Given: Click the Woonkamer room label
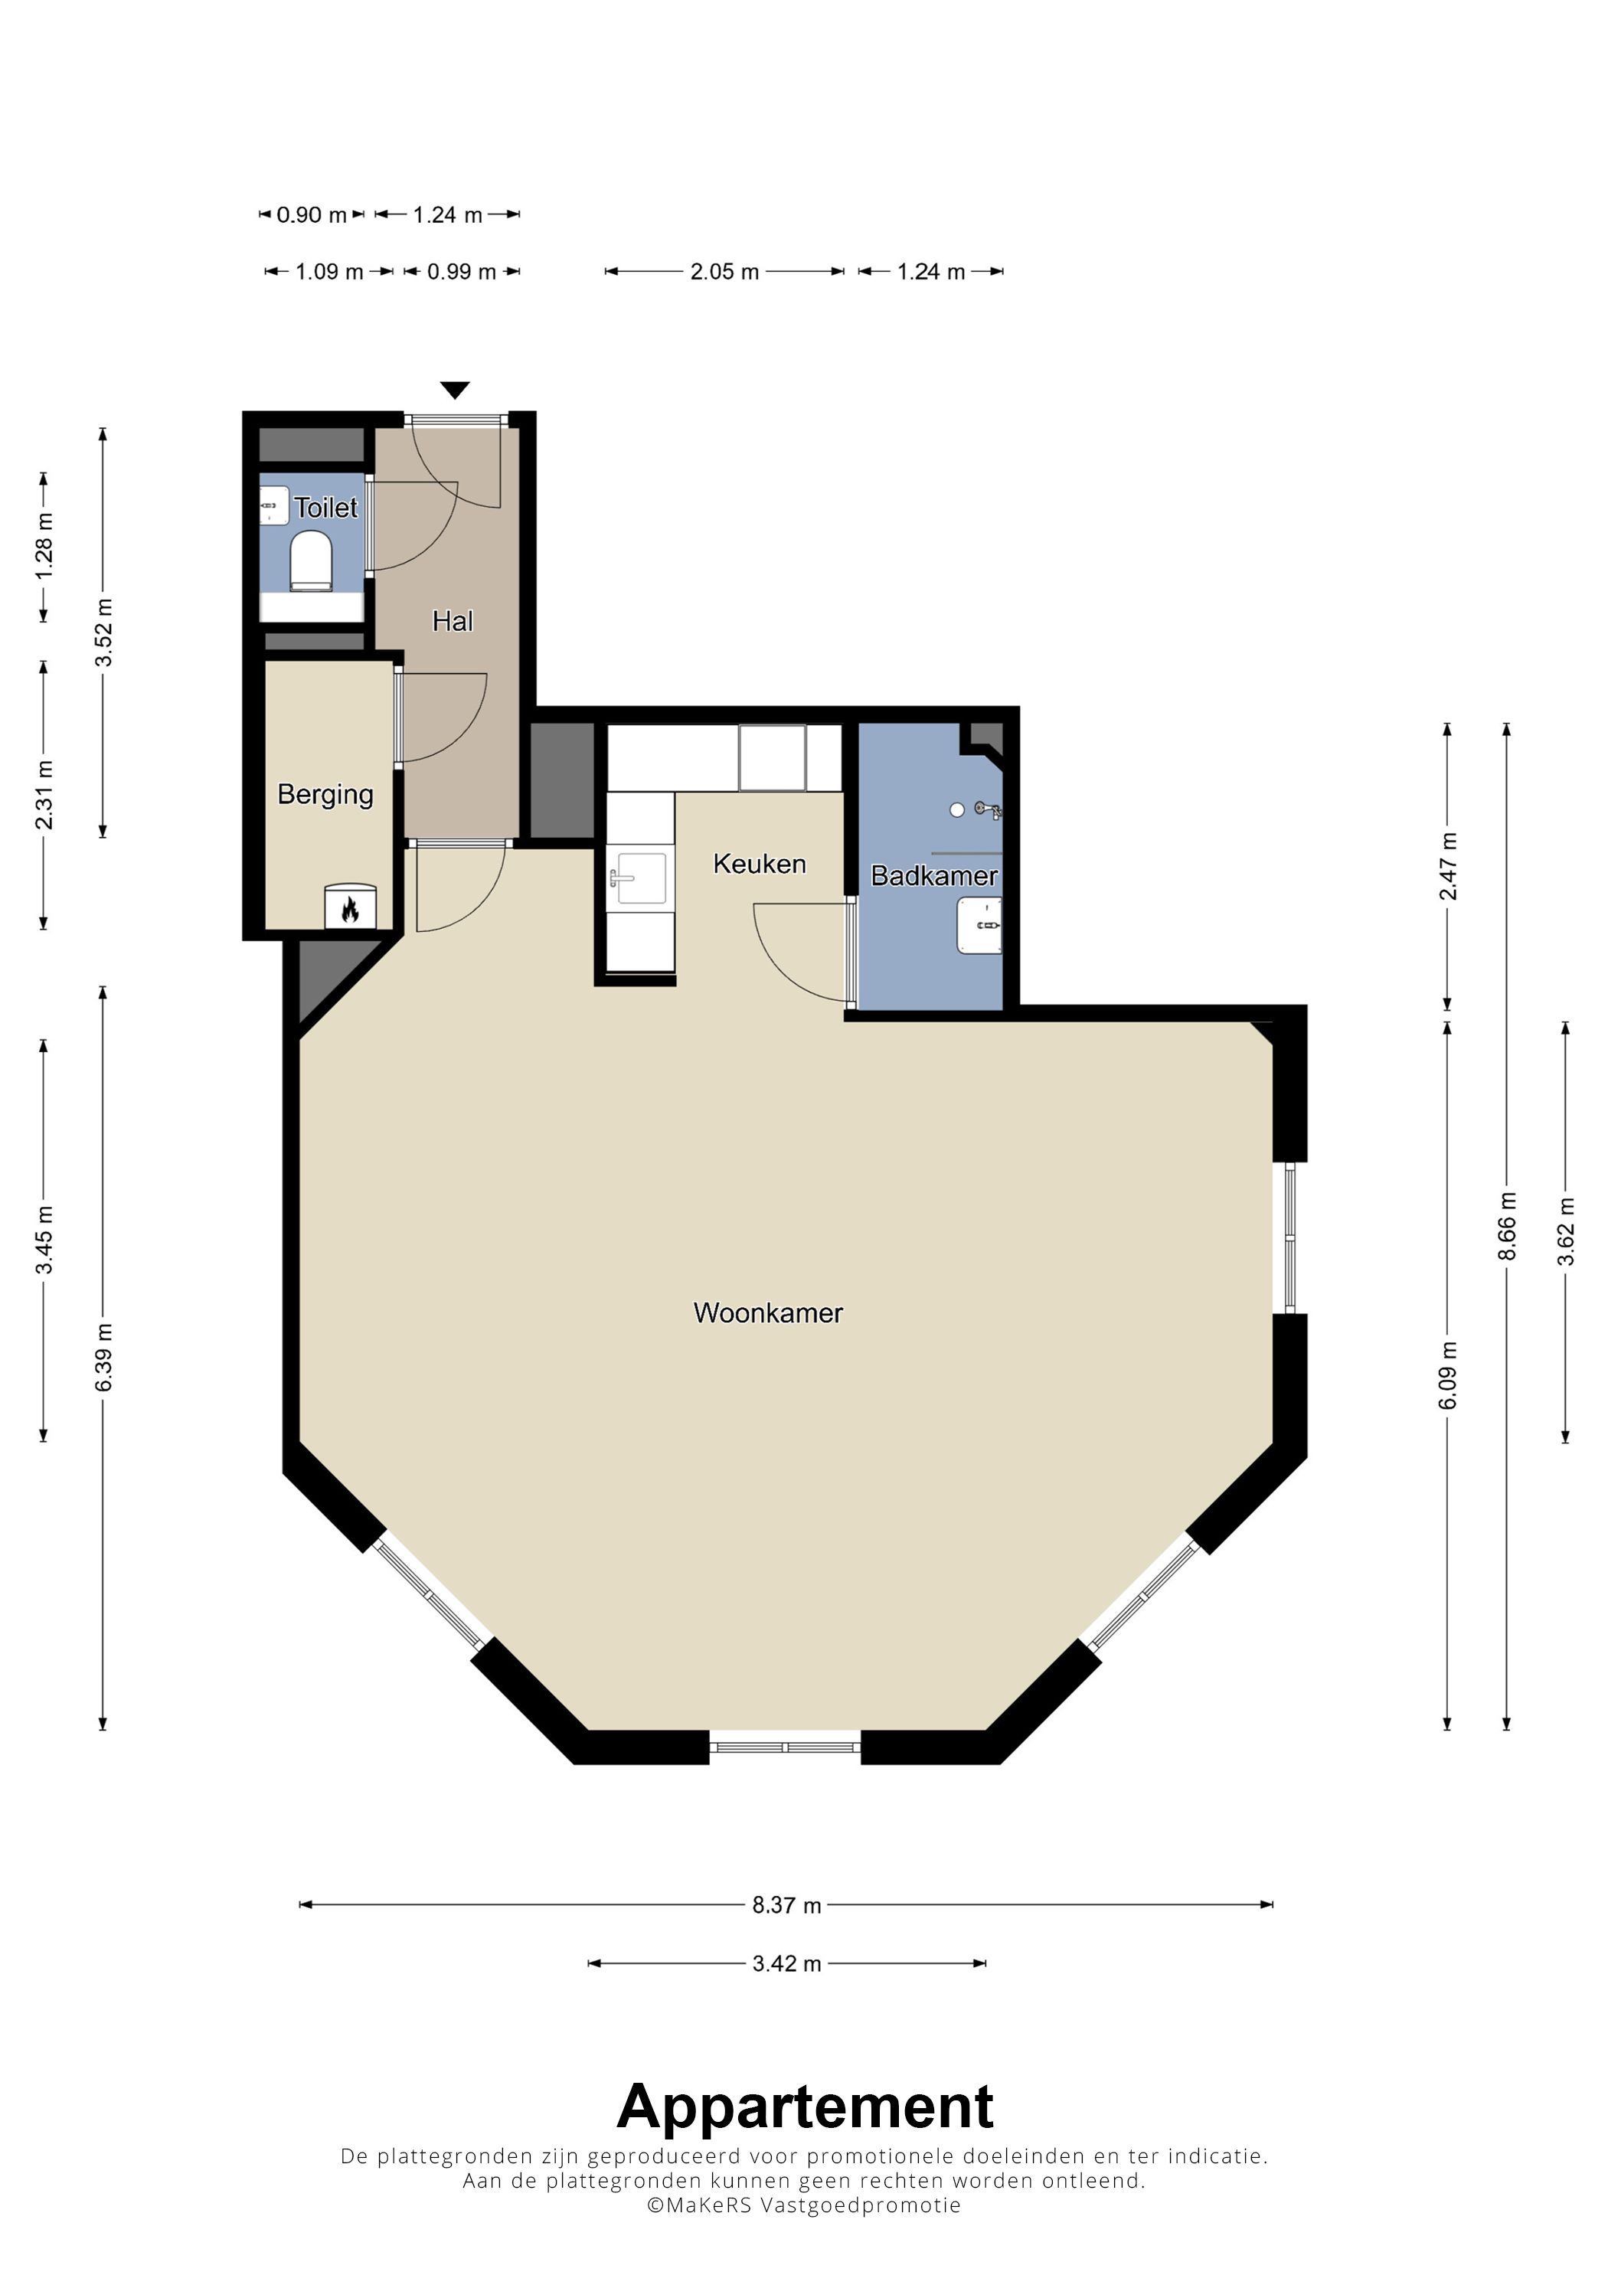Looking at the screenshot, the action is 768,1313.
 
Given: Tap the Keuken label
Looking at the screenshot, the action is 759,864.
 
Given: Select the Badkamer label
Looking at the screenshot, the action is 933,876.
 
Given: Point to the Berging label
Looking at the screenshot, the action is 325,796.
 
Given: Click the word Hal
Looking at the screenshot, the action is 453,621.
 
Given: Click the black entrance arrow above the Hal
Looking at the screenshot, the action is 455,391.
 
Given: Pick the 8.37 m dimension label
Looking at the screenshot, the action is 786,1905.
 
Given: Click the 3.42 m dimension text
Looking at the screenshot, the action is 786,1964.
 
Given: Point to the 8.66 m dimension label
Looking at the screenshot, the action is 1507,1227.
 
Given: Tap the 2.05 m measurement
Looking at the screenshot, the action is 724,273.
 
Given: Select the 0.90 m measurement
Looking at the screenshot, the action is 311,215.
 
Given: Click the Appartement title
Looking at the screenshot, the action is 805,2107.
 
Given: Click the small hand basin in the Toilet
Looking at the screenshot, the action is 273,505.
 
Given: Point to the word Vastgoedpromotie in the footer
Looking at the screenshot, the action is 860,2205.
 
